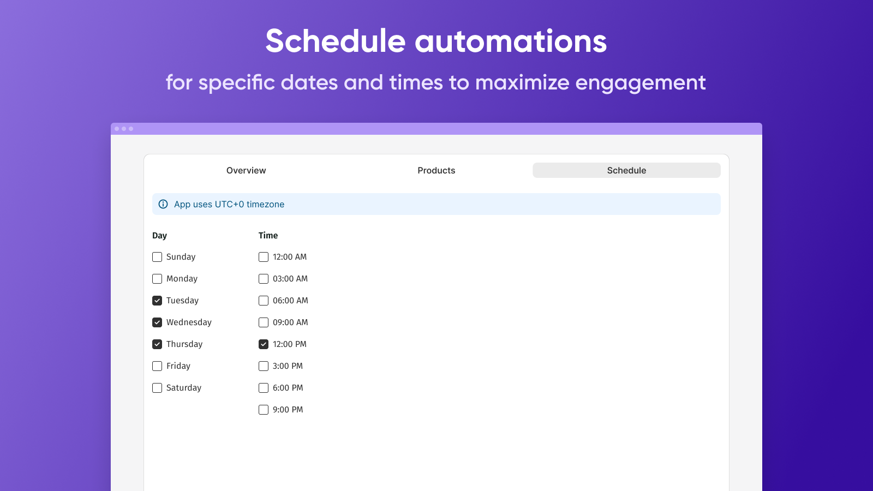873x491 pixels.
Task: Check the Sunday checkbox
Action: point(157,257)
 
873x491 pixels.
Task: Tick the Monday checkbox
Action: point(157,279)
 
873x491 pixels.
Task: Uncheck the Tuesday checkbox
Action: point(157,301)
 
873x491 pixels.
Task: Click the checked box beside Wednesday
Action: point(157,322)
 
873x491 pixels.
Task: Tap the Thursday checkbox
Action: point(157,344)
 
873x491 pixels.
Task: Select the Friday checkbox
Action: point(157,366)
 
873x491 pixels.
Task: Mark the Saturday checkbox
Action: point(157,388)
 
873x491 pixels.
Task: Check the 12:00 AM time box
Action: point(264,257)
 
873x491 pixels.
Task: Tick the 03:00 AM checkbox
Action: point(264,279)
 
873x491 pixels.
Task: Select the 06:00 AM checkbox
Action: point(264,301)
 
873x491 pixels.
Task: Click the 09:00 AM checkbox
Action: point(264,322)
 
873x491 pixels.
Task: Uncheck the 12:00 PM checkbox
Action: point(264,344)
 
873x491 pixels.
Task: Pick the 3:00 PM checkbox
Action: point(264,366)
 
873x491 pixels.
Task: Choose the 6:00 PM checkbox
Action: point(264,388)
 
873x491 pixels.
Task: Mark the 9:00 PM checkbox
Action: point(264,410)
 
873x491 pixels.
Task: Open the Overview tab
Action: point(246,170)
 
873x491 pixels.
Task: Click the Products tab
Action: point(436,170)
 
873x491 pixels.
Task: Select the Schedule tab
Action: point(626,170)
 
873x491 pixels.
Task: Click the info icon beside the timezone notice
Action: point(163,204)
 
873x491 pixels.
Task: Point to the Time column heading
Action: point(268,236)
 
